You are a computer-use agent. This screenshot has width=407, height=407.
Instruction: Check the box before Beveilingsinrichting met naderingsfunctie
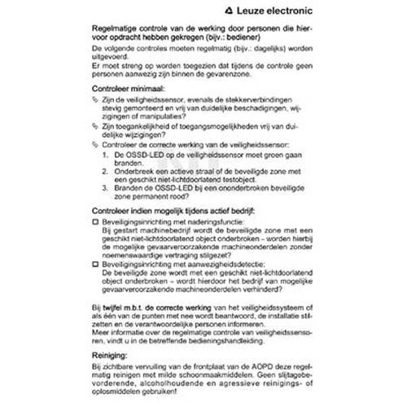(96, 221)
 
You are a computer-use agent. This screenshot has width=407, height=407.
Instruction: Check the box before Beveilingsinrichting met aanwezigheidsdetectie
(96, 265)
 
